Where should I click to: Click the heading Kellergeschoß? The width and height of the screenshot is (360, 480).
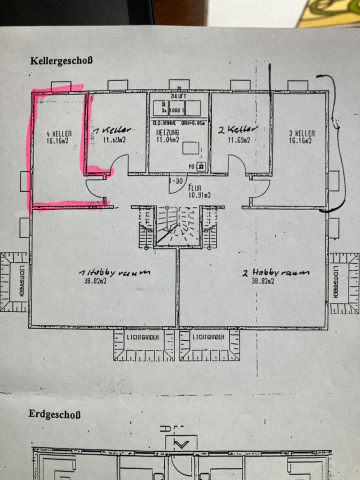61,61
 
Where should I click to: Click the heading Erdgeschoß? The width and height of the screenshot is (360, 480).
55,414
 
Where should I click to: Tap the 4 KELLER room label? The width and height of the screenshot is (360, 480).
59,133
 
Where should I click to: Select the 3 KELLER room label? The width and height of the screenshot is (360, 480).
301,133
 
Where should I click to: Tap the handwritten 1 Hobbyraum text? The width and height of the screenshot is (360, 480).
115,273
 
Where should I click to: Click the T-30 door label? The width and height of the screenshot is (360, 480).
176,181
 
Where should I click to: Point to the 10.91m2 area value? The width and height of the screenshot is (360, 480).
198,195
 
